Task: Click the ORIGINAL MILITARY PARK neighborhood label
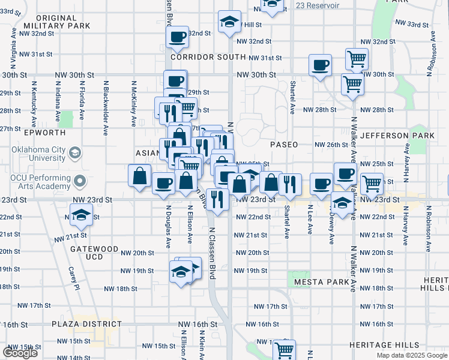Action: [x=57, y=22]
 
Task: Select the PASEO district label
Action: [x=284, y=145]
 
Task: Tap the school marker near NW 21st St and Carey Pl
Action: [x=80, y=214]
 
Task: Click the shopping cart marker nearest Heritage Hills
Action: [x=284, y=349]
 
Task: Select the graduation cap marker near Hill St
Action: [x=229, y=22]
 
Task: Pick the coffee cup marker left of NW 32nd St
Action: [x=177, y=37]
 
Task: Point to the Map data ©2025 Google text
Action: [x=411, y=355]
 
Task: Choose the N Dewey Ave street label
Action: [x=331, y=228]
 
